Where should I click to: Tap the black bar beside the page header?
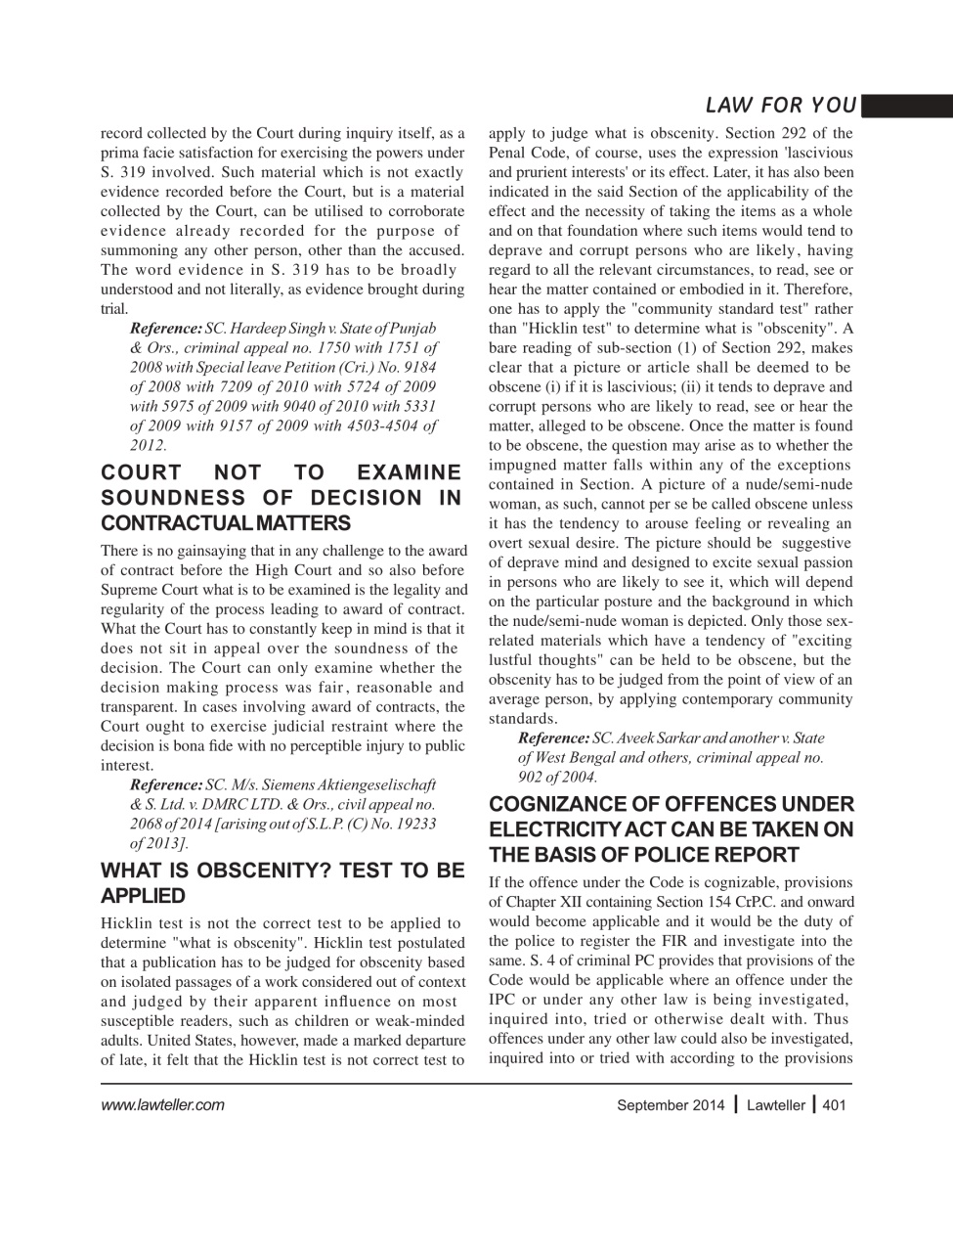coord(906,105)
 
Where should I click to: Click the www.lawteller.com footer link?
coord(162,1105)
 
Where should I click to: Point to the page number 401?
coord(834,1105)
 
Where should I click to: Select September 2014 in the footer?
coord(671,1105)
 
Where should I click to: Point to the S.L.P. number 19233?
coord(413,824)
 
